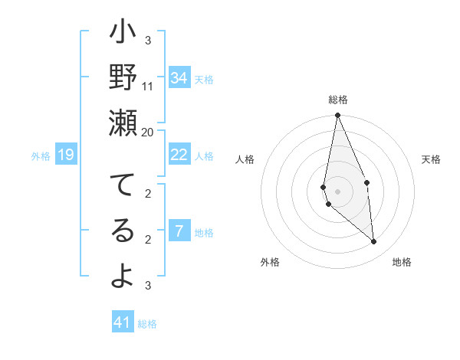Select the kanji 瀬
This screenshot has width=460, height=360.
tap(123, 122)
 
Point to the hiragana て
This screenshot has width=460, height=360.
tap(123, 186)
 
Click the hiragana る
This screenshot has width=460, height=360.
tap(123, 231)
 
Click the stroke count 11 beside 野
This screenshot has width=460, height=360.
tap(148, 86)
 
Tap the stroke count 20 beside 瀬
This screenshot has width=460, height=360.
tap(148, 132)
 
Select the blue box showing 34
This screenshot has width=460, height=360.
tap(179, 78)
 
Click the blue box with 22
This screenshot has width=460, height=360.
tap(179, 155)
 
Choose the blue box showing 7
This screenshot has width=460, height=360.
tap(179, 231)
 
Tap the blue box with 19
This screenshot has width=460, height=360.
tap(66, 155)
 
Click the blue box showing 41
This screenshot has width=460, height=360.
tap(123, 322)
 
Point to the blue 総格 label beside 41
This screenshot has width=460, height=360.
tap(147, 324)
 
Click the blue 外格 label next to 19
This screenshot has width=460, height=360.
tap(41, 156)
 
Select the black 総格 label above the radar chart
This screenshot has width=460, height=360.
tap(338, 100)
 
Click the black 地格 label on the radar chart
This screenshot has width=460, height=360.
tap(402, 262)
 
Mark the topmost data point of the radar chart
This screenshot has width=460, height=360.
tap(337, 116)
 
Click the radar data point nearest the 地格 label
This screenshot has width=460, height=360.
tap(374, 242)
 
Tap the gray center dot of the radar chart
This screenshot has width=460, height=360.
tap(337, 191)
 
